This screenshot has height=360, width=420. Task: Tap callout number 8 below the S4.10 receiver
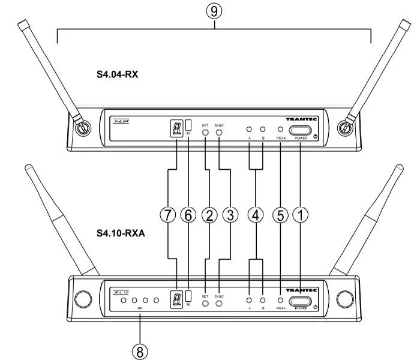140,350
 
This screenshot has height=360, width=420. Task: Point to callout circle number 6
191,216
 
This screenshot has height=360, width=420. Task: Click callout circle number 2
208,216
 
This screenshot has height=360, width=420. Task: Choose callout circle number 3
227,216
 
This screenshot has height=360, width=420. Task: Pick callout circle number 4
256,216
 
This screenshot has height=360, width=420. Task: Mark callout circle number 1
302,216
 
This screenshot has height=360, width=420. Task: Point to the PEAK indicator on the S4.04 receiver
280,130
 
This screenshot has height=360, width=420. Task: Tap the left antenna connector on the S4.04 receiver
79,127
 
